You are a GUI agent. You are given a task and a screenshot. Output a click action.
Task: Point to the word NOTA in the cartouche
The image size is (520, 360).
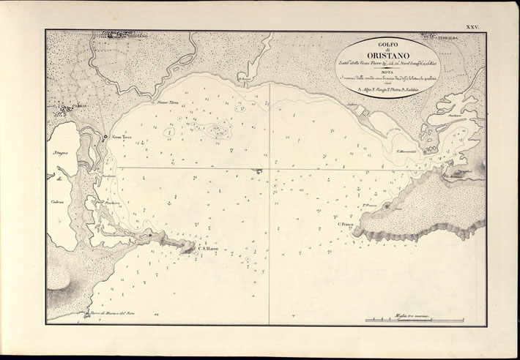(x=387, y=72)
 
